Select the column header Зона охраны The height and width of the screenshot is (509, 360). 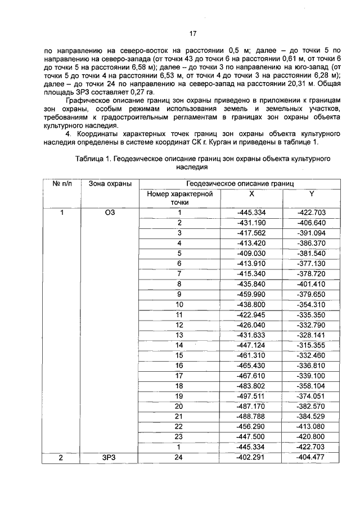point(110,184)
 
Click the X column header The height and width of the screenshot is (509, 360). point(251,193)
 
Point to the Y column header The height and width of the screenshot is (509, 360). point(312,193)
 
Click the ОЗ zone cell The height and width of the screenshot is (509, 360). point(110,213)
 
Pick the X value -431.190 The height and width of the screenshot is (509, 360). point(251,222)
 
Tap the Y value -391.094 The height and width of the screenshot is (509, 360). point(312,232)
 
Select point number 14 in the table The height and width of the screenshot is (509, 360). point(180,344)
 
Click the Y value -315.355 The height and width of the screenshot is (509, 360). point(312,344)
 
